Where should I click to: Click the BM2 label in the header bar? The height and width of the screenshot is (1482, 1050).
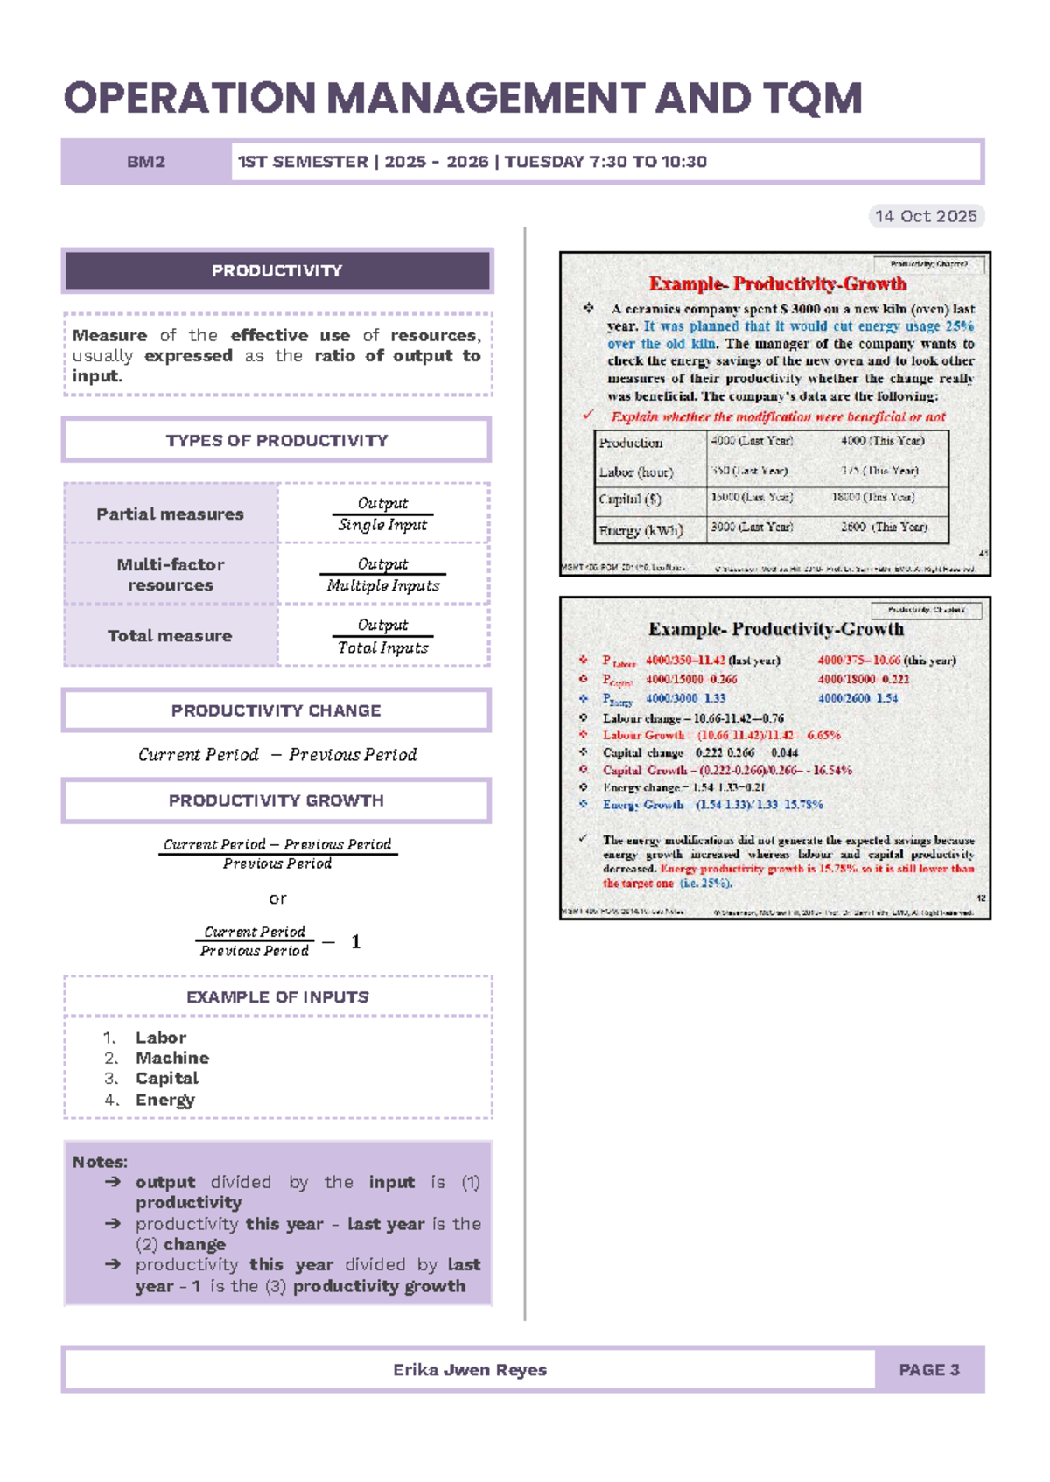pos(145,162)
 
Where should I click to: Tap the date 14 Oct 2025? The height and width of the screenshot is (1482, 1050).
pos(926,216)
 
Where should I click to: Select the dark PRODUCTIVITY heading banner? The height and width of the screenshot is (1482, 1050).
pos(276,271)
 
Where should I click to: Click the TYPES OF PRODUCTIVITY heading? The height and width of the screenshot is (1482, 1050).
pos(276,440)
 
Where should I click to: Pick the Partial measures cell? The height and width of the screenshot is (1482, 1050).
pos(170,514)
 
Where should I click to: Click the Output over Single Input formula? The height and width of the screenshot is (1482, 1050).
pos(382,514)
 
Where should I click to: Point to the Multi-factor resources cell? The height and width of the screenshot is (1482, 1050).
pos(170,575)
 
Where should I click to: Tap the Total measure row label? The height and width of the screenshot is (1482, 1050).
pos(170,636)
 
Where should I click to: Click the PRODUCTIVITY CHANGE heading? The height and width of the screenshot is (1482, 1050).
pos(276,710)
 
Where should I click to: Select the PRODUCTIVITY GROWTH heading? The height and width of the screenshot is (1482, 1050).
pos(276,800)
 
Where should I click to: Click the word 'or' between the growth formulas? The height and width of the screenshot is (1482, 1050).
pos(277,898)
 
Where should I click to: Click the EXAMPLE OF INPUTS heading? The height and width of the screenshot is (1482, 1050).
pos(277,997)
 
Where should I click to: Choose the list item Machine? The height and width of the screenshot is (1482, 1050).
pos(171,1058)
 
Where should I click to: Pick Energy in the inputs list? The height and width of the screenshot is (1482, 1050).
pos(164,1100)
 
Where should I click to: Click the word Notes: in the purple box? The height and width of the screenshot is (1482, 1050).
pos(100,1162)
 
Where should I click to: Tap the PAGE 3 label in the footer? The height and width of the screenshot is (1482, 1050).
pos(929,1370)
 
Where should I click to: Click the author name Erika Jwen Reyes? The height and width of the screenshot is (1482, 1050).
pos(469,1370)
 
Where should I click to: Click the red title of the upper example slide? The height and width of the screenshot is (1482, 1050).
pos(777,284)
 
